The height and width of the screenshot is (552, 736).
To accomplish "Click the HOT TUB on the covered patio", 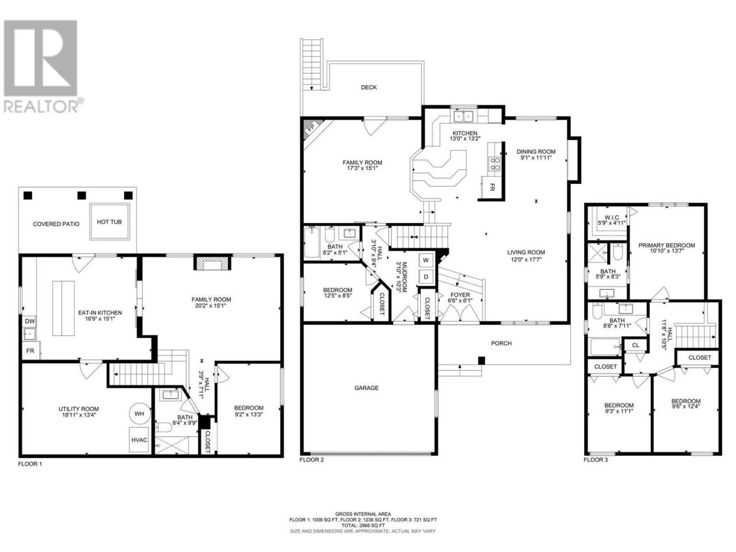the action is (x=109, y=221).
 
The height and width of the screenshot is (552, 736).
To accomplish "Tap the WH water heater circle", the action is (x=139, y=413).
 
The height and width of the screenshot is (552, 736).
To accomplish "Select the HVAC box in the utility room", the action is (x=139, y=440).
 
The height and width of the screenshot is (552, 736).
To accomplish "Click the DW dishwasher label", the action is (x=30, y=321).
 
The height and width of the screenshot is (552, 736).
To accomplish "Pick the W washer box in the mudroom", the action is (x=426, y=260).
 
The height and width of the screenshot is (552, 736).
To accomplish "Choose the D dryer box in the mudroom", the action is (x=426, y=277).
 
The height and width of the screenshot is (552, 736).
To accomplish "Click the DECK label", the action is (x=369, y=87).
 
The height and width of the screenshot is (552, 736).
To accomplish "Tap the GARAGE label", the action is (x=366, y=388).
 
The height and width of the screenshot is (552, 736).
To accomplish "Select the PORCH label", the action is (x=501, y=343).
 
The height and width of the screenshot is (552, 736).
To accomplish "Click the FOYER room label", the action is (x=461, y=295).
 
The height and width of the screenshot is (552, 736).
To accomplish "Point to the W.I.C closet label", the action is (x=612, y=217).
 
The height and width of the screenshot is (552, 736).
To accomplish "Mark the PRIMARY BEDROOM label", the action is (x=666, y=246).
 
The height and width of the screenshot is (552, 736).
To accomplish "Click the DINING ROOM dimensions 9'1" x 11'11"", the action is (x=536, y=157).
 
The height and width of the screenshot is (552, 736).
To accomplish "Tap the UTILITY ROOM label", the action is (x=78, y=409).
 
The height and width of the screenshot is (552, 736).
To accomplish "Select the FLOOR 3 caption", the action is (x=596, y=460).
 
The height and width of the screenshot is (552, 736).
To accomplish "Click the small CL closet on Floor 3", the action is (x=635, y=345).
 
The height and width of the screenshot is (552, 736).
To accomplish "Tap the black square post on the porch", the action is (x=481, y=361).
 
